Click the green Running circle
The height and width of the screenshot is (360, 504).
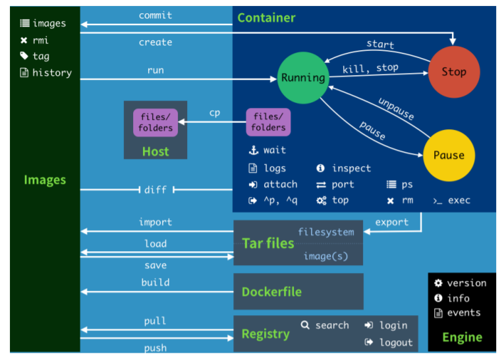303,78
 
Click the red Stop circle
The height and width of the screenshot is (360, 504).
453,72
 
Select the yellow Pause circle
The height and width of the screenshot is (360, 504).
448,156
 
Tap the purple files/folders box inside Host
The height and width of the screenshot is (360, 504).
155,123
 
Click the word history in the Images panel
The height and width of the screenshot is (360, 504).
51,73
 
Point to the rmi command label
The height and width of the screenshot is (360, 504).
40,40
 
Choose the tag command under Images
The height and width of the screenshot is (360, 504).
41,57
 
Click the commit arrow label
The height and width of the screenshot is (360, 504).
155,15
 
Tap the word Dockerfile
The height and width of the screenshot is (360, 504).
272,291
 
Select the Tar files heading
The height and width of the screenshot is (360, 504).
268,243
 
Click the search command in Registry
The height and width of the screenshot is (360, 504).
332,325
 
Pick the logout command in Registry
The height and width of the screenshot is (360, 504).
396,342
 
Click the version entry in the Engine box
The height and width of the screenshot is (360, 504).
466,283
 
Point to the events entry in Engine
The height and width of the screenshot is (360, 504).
464,313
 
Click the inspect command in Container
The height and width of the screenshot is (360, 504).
351,169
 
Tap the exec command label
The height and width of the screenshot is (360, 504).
459,200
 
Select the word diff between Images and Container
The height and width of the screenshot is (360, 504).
155,190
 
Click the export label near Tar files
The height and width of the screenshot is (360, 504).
392,222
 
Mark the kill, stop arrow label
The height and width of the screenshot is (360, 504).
370,69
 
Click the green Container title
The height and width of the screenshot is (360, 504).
266,18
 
